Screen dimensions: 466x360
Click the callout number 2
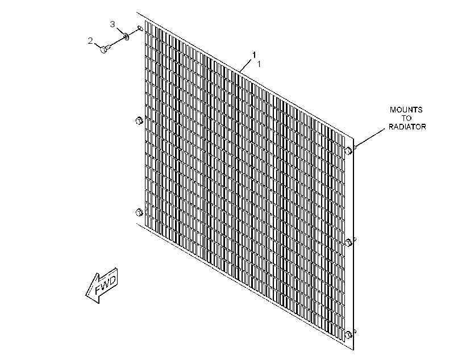[x=90, y=41]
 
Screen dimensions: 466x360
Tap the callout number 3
[x=113, y=24]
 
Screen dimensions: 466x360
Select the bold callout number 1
[x=254, y=55]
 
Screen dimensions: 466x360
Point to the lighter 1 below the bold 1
[x=259, y=64]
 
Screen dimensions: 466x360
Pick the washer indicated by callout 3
[x=126, y=36]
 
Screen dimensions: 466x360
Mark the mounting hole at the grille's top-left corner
[x=140, y=28]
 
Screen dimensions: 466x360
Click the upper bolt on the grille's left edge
[x=139, y=120]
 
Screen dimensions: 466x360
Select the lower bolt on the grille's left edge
[x=139, y=212]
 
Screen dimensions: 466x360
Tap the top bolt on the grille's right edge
[x=348, y=150]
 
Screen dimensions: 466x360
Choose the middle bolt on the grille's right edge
[x=348, y=242]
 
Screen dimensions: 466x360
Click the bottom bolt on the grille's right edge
[x=348, y=335]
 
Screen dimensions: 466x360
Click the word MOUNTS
[x=406, y=110]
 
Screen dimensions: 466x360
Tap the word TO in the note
[x=406, y=118]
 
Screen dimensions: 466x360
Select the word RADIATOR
[x=407, y=127]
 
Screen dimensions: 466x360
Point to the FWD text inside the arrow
[x=106, y=284]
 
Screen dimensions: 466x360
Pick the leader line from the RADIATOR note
[x=370, y=138]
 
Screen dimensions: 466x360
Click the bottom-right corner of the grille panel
[x=353, y=350]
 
